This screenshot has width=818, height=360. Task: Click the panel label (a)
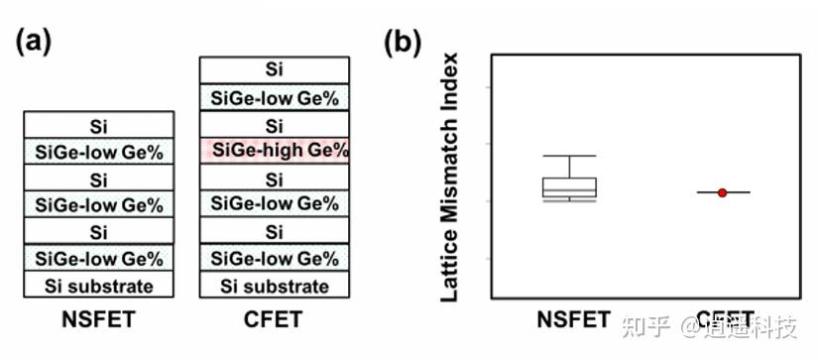pyautogui.click(x=34, y=41)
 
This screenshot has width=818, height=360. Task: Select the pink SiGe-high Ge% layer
pyautogui.click(x=274, y=151)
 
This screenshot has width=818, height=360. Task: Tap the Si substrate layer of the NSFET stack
pyautogui.click(x=99, y=286)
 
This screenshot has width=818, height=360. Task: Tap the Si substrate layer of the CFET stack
pyautogui.click(x=274, y=286)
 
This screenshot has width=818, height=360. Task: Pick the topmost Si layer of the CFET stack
pyautogui.click(x=274, y=69)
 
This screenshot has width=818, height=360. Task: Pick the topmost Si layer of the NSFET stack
pyautogui.click(x=99, y=125)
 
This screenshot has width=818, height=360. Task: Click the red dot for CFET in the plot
pyautogui.click(x=722, y=192)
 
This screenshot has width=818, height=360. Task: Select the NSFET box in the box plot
pyautogui.click(x=569, y=187)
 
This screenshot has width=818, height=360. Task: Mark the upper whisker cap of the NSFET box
pyautogui.click(x=569, y=156)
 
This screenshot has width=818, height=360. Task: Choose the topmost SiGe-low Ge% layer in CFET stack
pyautogui.click(x=274, y=97)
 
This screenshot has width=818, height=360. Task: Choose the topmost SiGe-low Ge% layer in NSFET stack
pyautogui.click(x=99, y=152)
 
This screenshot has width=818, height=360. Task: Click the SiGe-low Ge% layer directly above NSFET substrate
pyautogui.click(x=99, y=259)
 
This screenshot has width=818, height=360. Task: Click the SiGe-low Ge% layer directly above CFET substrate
pyautogui.click(x=274, y=259)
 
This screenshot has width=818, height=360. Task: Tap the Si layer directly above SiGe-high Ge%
pyautogui.click(x=274, y=125)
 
